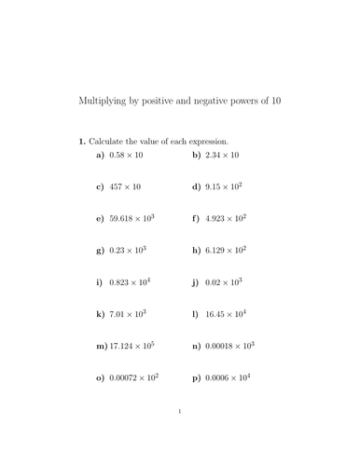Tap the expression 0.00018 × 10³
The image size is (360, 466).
[229, 346]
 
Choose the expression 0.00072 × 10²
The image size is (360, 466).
[132, 377]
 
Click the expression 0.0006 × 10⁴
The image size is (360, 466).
[227, 377]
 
